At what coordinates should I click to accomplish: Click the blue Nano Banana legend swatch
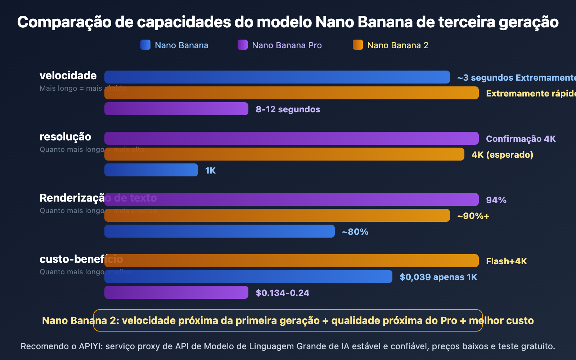pos(145,45)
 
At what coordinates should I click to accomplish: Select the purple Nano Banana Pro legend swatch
pos(243,45)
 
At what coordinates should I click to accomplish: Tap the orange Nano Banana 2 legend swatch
pos(358,45)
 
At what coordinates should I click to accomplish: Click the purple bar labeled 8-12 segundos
pos(176,109)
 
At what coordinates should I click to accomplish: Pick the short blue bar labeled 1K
pos(151,170)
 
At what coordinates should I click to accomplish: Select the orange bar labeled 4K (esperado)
pos(284,154)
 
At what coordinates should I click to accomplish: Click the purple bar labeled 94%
pos(292,199)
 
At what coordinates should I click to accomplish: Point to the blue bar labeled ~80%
pos(220,231)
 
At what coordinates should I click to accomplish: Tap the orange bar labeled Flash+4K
pos(292,261)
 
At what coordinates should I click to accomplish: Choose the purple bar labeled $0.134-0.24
pos(176,292)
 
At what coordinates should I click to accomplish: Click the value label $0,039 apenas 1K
pos(438,277)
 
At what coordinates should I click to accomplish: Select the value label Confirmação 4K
pos(521,139)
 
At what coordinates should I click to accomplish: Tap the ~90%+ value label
pos(473,216)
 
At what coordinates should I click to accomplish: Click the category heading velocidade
pos(68,76)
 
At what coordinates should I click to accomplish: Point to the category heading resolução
pos(65,137)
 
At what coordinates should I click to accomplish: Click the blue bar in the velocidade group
pos(277,77)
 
